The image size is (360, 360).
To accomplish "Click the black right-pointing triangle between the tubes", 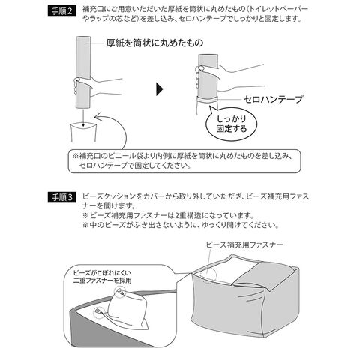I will click(x=158, y=88).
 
